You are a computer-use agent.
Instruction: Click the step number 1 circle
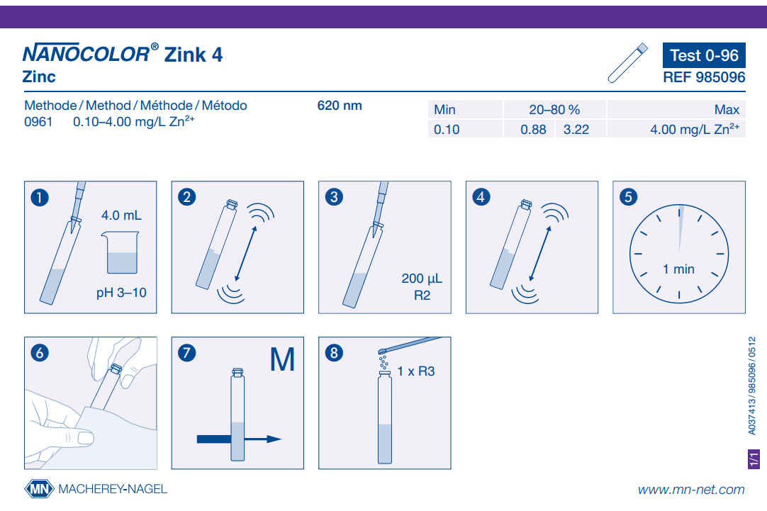(40, 198)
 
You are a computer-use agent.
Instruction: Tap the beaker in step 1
(121, 252)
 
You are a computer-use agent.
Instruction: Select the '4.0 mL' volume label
(121, 215)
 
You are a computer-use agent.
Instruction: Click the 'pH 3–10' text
(121, 293)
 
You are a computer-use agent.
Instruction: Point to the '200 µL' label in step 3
(422, 279)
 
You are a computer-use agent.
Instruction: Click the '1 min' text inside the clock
(678, 269)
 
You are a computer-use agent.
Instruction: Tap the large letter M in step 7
(282, 359)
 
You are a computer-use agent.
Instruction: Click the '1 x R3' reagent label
(416, 371)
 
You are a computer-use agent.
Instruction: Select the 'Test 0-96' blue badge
(704, 55)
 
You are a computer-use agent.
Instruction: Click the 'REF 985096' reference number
(704, 77)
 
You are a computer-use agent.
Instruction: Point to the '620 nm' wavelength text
(340, 106)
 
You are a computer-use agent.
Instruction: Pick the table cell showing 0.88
(533, 130)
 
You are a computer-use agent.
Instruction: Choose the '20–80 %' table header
(554, 110)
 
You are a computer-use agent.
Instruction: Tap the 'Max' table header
(727, 110)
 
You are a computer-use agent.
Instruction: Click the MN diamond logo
(39, 488)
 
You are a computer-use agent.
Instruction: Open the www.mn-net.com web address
(691, 490)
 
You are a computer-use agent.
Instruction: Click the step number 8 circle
(334, 353)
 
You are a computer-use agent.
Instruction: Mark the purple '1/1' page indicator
(754, 459)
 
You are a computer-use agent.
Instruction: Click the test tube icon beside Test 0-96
(627, 62)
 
